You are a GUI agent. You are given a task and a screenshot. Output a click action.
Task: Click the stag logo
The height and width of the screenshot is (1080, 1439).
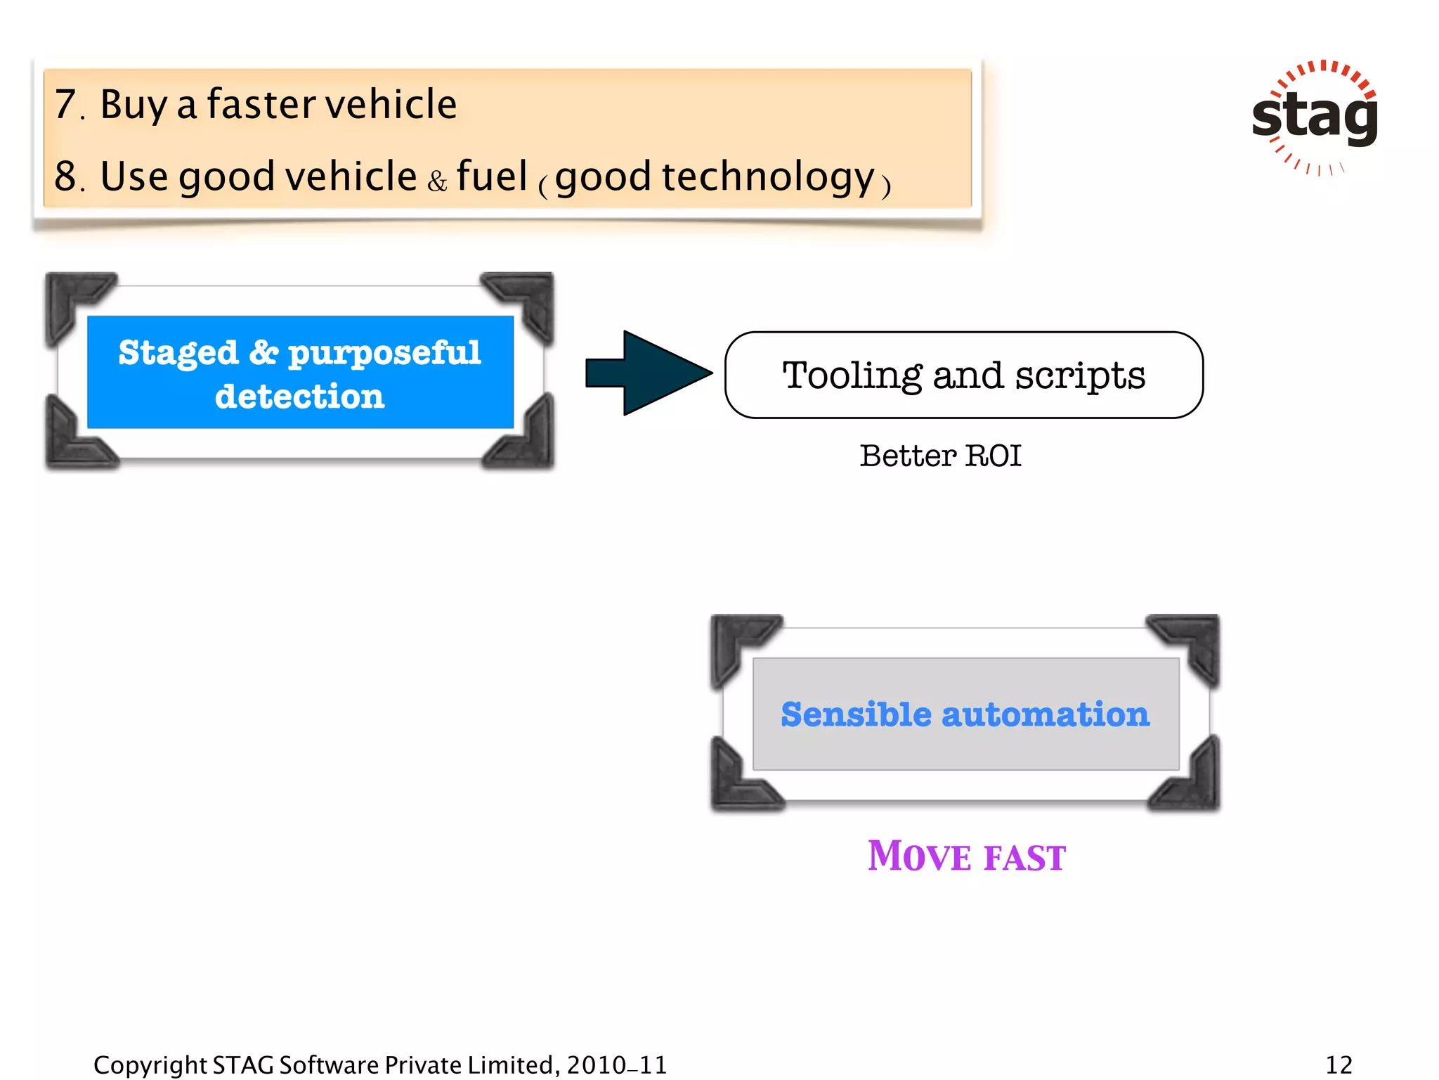pos(1315,117)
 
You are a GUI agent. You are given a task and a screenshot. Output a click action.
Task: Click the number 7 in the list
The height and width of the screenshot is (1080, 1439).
pos(66,104)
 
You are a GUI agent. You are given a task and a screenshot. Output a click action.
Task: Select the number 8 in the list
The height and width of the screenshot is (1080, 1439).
pos(66,176)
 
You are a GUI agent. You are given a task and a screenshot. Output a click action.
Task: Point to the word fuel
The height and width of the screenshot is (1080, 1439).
pos(491,176)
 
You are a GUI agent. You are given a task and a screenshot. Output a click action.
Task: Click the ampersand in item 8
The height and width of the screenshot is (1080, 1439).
pos(437,181)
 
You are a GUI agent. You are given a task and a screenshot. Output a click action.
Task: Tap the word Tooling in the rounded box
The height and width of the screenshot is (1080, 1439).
pos(852,375)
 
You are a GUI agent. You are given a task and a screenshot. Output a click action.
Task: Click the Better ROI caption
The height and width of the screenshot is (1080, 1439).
pos(940,456)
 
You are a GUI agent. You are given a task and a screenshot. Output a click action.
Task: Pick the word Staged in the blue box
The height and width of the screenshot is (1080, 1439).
pos(178,353)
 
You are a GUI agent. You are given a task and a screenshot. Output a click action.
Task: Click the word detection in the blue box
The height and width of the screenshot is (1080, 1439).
pos(300,397)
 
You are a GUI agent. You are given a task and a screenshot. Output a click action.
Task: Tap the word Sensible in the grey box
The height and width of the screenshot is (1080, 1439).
pos(856,714)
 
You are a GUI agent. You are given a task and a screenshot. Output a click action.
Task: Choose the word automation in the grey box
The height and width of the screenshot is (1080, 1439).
pos(1046,714)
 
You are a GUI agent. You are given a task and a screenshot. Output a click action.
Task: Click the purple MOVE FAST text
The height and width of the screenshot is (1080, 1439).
pos(966,856)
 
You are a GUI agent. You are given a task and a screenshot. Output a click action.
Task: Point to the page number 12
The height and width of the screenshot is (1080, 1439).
pos(1339,1065)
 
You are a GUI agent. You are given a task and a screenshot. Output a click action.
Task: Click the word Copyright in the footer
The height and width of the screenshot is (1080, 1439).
pos(150,1065)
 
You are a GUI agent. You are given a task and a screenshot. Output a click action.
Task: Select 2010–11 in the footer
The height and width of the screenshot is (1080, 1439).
pos(616,1065)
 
